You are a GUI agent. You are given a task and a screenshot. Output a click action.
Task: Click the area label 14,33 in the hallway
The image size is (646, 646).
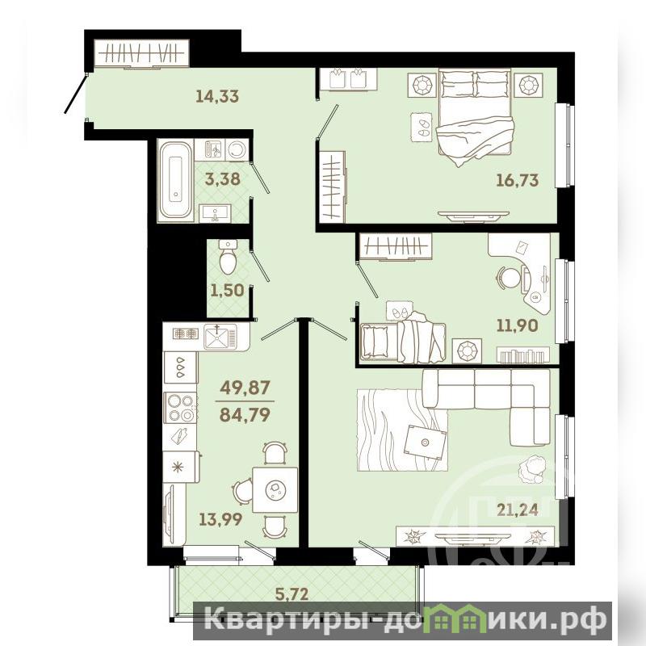coord(217,96)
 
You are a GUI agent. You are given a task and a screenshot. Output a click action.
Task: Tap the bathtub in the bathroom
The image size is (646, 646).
coord(176,180)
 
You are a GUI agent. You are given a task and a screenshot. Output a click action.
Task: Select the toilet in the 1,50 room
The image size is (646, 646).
coord(228,257)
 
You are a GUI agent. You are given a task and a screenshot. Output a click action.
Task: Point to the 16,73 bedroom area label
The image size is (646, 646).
coord(518,180)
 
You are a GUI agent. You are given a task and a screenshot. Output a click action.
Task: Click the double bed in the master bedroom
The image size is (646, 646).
coord(475,115)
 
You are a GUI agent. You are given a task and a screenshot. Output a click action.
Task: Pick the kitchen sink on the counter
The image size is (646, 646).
coord(221,335)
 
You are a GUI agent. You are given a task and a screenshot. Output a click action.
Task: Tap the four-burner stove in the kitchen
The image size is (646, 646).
coord(180,408)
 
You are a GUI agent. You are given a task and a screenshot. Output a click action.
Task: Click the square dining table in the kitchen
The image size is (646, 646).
coord(275,489)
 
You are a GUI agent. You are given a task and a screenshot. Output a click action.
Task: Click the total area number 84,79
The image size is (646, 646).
coord(245,414)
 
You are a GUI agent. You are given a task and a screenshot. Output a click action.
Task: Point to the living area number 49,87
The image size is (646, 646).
coord(245,388)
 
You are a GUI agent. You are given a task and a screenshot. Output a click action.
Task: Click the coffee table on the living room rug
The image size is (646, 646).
coord(426,442)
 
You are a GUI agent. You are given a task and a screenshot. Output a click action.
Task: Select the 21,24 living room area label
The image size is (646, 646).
coord(518,510)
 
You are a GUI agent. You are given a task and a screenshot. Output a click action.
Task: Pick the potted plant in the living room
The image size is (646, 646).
coord(531,468)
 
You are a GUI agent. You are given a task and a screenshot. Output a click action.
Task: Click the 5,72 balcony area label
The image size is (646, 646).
coord(292,594)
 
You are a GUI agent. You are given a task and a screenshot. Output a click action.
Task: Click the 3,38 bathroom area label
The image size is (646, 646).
coord(223,179)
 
